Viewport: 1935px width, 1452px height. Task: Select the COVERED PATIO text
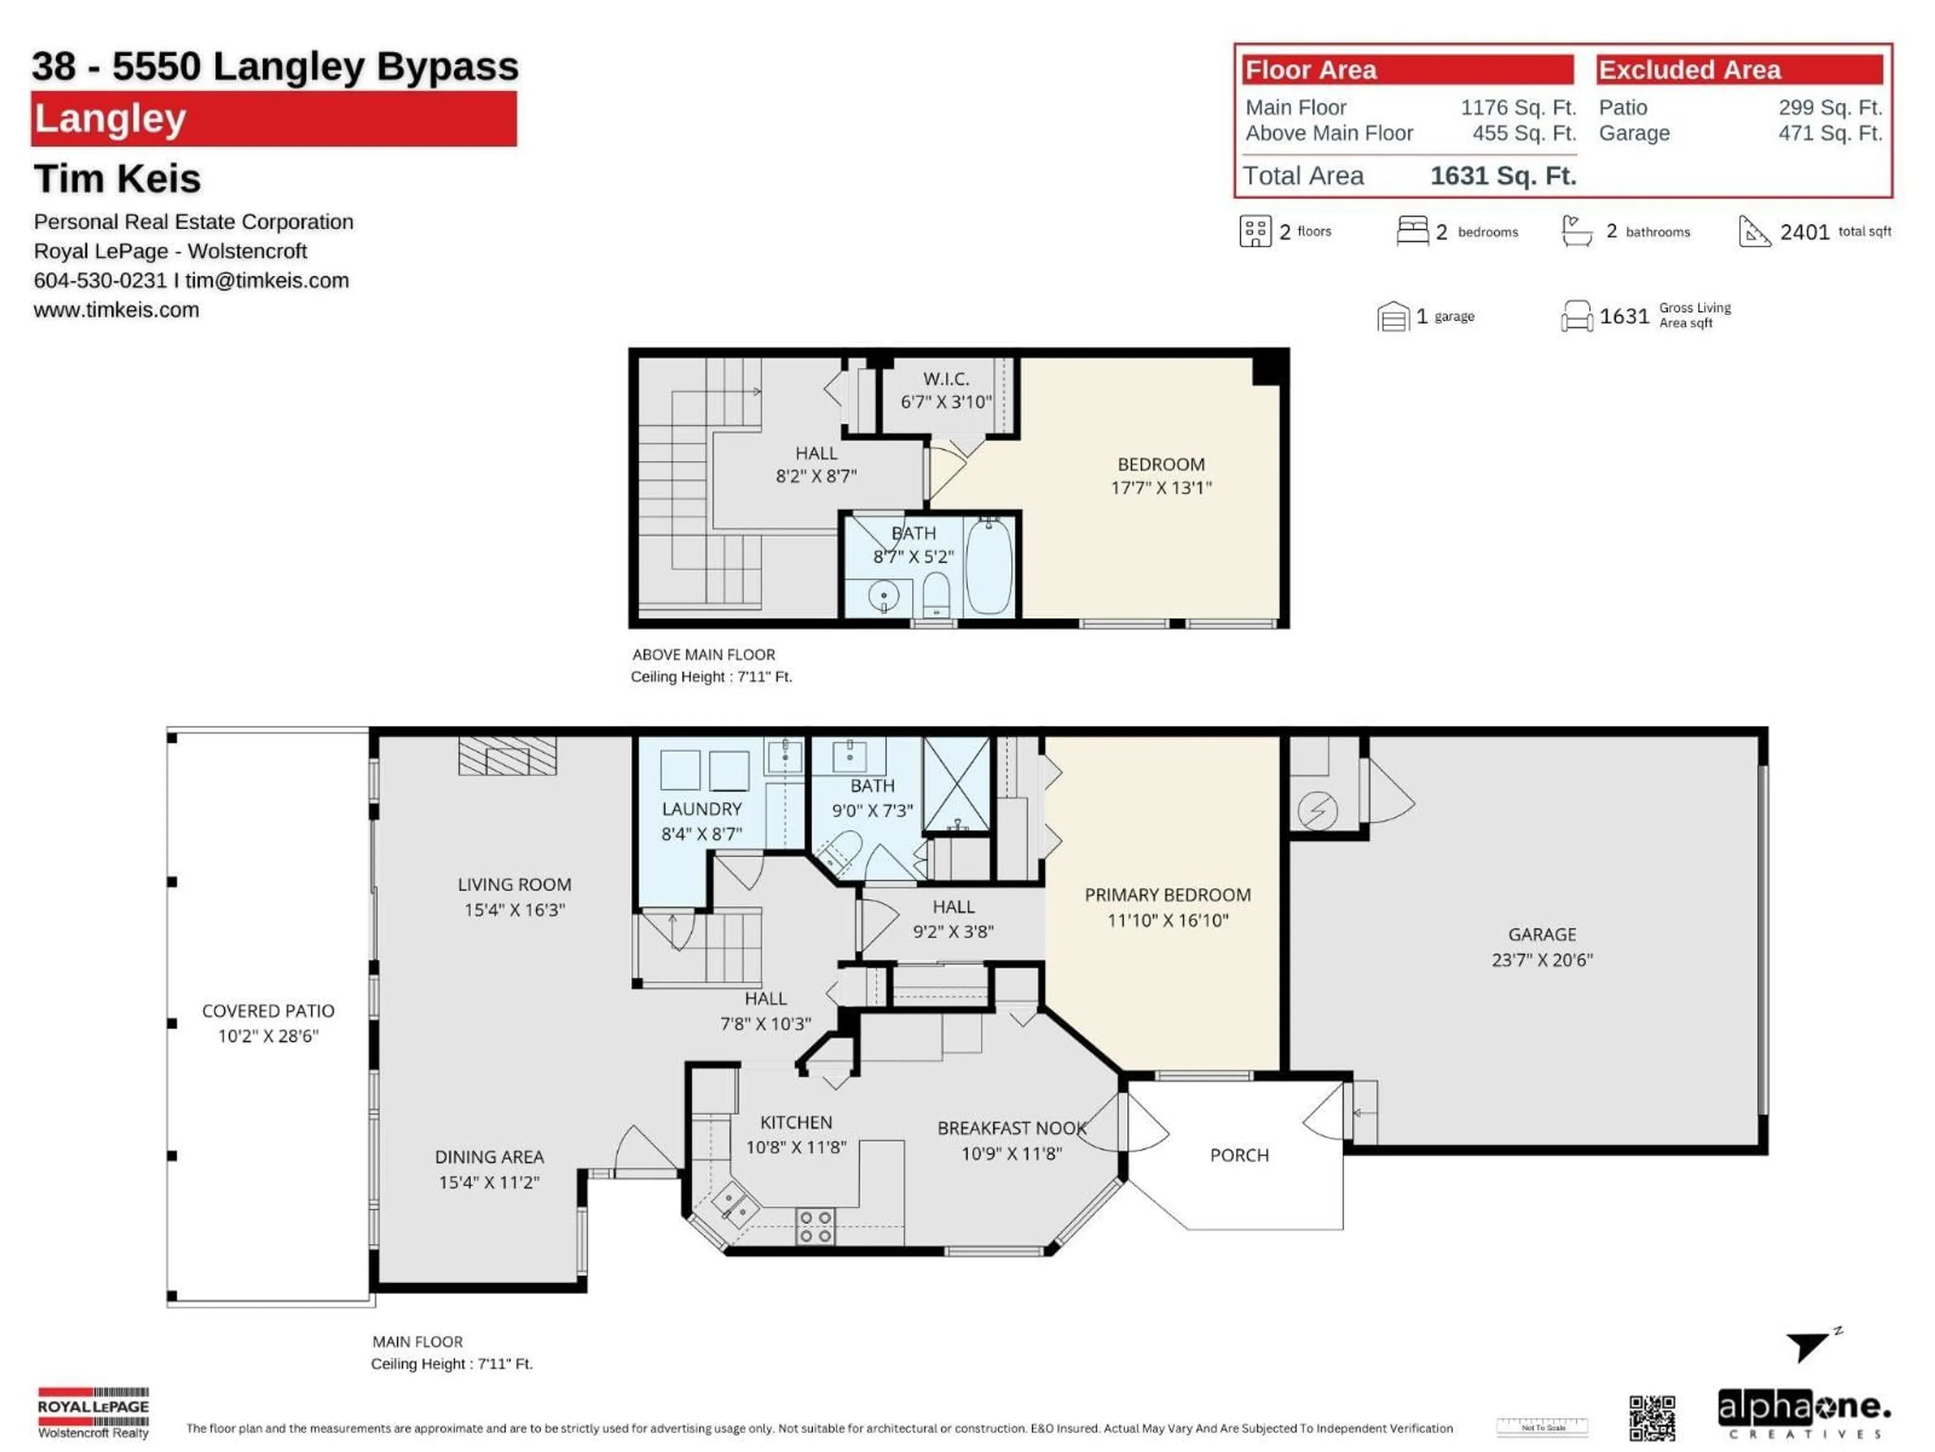pos(268,1011)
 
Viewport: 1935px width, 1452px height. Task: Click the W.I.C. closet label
pos(946,379)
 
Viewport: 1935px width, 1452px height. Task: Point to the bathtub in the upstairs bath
pos(989,565)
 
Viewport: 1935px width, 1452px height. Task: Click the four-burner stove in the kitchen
pos(814,1225)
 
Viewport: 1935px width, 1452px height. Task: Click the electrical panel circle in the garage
pos(1317,810)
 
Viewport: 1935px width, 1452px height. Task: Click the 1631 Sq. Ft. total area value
pos(1502,176)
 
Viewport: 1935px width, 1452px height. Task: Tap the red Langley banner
pos(273,119)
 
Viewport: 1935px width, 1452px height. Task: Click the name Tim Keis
pos(117,178)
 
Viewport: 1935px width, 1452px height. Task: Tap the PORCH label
pos(1239,1156)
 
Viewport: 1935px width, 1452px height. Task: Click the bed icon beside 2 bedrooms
pos(1412,231)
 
